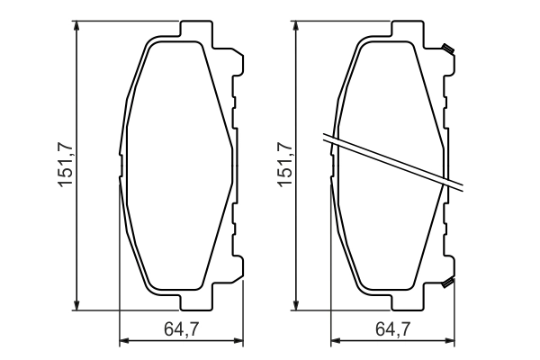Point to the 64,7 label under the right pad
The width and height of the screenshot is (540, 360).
394,330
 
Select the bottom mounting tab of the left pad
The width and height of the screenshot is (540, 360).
194,301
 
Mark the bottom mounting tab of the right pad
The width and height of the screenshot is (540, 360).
407,301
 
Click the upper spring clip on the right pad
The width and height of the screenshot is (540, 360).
447,49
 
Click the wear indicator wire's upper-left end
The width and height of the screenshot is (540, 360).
326,137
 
